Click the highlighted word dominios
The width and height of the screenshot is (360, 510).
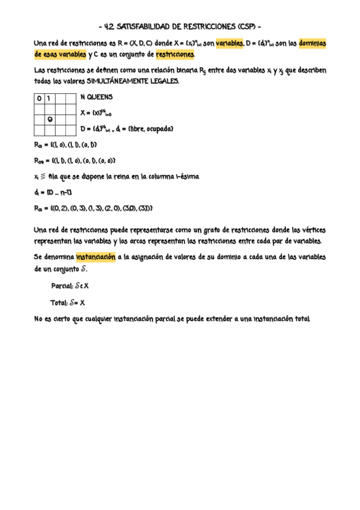click(312, 43)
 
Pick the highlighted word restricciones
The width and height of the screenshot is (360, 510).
click(175, 55)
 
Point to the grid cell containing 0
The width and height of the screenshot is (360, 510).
click(39, 98)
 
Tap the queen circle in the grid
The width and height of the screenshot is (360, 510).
click(50, 118)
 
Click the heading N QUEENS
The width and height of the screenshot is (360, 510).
click(96, 97)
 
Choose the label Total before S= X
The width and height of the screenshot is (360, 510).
click(58, 303)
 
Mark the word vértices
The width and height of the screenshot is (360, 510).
click(311, 230)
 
